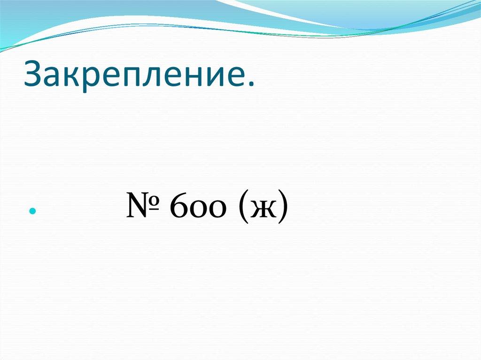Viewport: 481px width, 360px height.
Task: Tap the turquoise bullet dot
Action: pyautogui.click(x=32, y=212)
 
